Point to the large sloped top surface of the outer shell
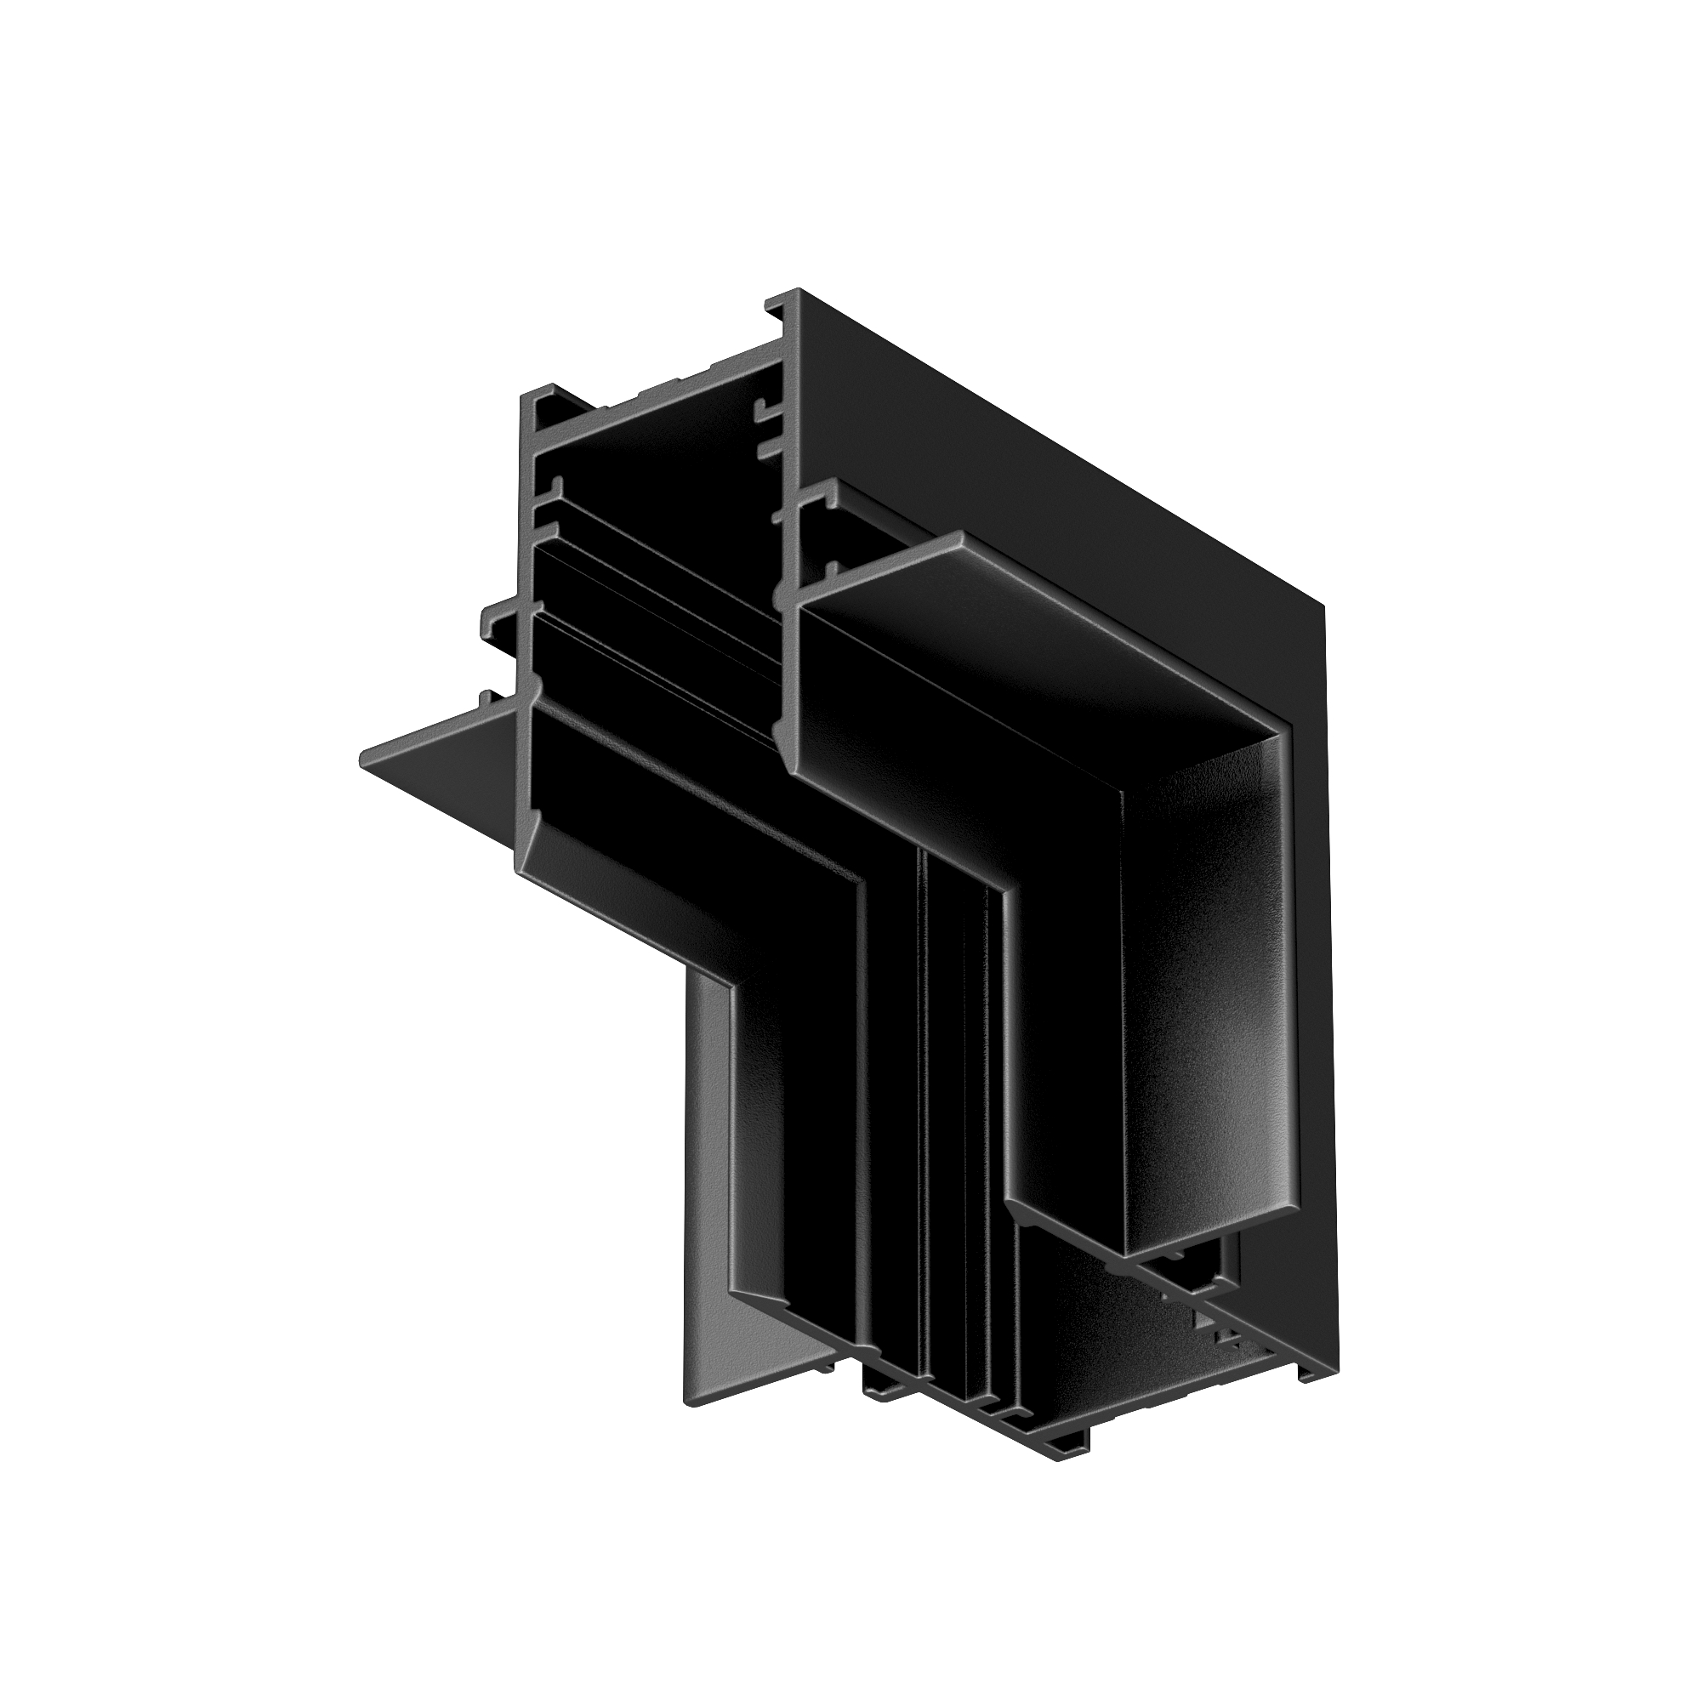pyautogui.click(x=1056, y=458)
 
